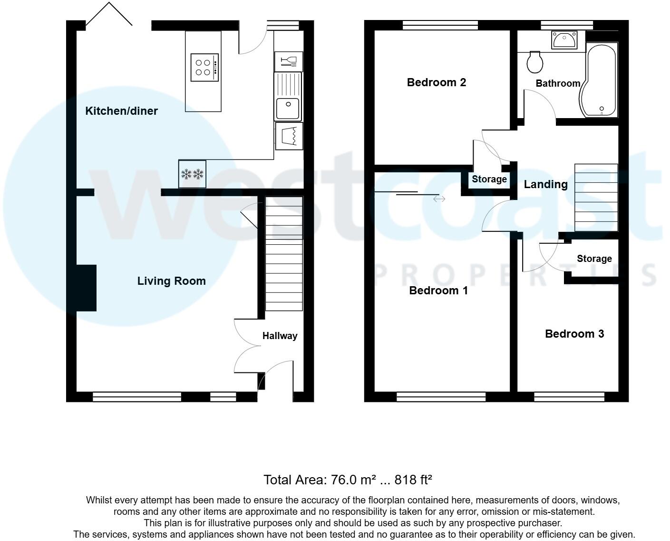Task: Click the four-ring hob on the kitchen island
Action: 204,67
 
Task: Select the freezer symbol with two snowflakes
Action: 192,174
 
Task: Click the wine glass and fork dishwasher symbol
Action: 289,61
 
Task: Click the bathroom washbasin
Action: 564,40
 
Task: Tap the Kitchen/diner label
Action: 121,111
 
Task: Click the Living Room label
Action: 171,281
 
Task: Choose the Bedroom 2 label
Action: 436,82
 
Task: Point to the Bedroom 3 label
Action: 574,334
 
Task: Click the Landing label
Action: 545,184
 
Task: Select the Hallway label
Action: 280,336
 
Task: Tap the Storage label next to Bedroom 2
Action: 489,179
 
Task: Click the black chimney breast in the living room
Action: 87,288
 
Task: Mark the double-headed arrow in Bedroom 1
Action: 439,199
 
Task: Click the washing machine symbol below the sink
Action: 289,136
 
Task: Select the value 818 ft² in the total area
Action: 413,480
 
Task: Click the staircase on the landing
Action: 596,197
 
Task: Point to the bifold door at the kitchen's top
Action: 109,14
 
